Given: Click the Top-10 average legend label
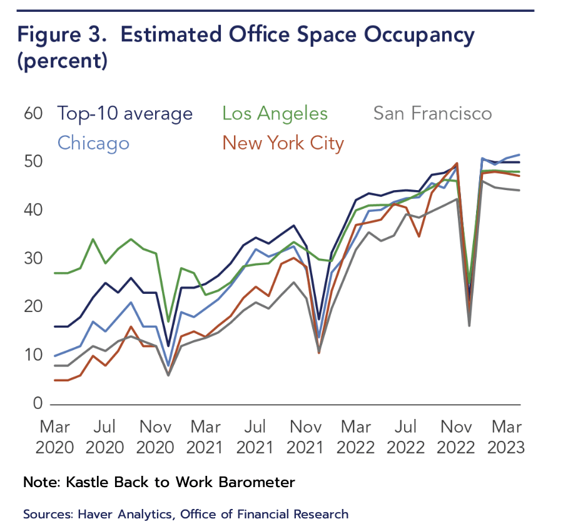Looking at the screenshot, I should tap(124, 114).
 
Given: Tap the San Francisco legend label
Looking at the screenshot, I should tap(432, 114).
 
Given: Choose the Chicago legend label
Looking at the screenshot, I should tap(93, 143).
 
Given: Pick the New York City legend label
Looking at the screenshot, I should tap(283, 143).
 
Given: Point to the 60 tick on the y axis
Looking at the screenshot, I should tap(34, 114).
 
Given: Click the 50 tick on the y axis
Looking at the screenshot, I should tap(34, 162).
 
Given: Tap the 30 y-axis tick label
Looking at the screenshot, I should tap(34, 258).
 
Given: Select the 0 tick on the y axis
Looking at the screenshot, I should tap(38, 403).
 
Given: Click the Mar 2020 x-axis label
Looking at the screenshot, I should tap(56, 437).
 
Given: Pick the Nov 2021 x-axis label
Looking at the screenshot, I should tap(307, 437).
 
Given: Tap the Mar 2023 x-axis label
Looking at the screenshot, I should tap(507, 437).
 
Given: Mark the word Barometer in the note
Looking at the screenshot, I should tap(256, 482).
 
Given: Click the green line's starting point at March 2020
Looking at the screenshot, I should tap(56, 273).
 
